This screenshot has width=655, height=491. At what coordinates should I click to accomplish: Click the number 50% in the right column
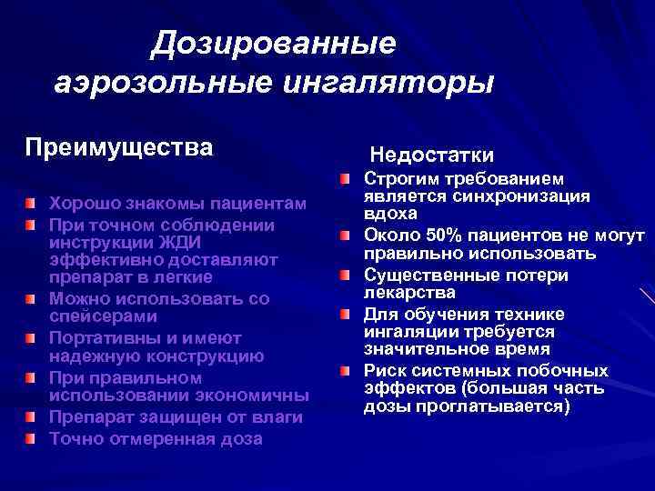(426, 235)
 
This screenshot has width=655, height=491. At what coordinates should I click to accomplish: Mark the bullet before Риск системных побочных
(346, 372)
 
